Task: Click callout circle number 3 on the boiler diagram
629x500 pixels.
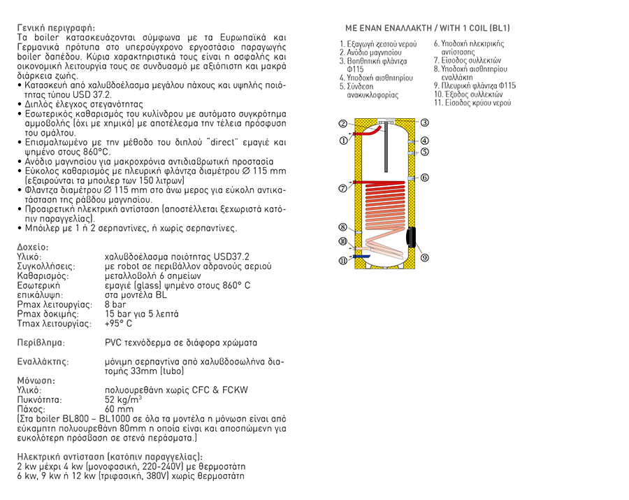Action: (424, 122)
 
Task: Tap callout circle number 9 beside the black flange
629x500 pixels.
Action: (424, 257)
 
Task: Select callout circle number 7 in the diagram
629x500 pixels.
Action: (342, 188)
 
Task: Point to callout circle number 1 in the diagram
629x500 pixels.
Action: (342, 140)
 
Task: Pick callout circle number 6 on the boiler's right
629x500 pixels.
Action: (424, 178)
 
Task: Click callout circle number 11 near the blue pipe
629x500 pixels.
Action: (342, 261)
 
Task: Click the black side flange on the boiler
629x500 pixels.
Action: (412, 238)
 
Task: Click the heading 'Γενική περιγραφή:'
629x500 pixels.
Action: (56, 28)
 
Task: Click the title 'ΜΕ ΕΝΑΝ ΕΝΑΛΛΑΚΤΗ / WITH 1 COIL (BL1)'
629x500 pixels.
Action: (428, 28)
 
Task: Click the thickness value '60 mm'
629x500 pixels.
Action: (119, 409)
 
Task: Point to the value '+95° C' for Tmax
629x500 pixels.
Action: (118, 324)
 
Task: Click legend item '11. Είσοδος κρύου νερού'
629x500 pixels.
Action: (472, 103)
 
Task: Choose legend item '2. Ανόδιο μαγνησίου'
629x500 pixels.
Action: (370, 52)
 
